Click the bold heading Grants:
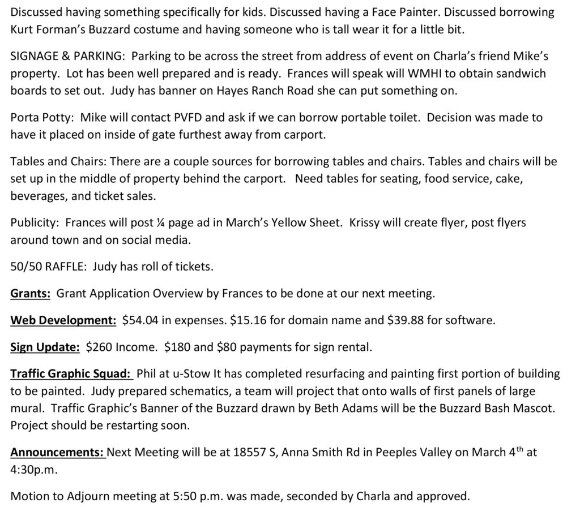(x=31, y=294)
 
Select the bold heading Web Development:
(x=63, y=320)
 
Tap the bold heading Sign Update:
(x=45, y=347)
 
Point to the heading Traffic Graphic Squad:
(x=71, y=373)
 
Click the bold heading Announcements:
(x=58, y=453)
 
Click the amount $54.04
(x=140, y=320)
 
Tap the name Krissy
(x=363, y=222)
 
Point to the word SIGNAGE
(x=35, y=57)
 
